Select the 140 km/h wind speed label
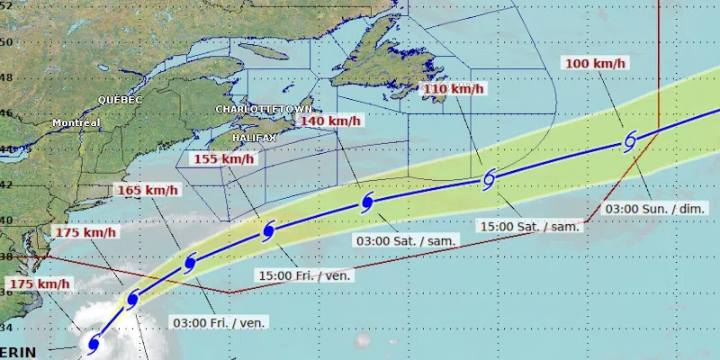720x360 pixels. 330,121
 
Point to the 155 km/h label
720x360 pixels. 224,159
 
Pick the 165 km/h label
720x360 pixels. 148,191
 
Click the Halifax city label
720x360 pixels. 253,138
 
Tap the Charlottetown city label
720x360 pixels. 255,109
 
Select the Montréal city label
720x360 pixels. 76,122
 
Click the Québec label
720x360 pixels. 121,100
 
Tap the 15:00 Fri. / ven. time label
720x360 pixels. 304,275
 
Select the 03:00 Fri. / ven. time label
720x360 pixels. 220,322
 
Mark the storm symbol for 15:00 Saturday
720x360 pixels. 489,179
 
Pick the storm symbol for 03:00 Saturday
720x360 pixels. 367,202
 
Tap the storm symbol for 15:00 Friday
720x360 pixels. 267,231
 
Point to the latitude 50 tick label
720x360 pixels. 6,42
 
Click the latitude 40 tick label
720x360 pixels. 6,220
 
